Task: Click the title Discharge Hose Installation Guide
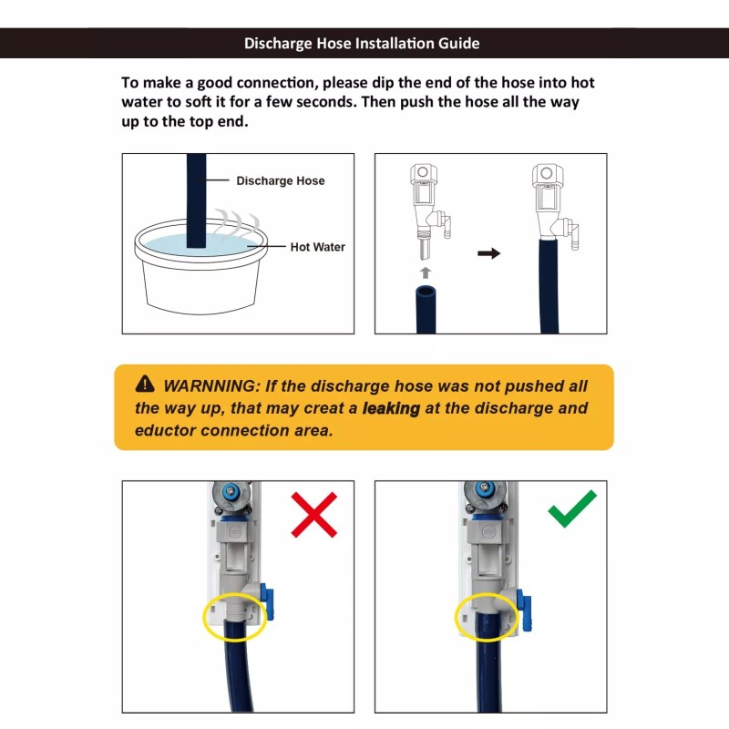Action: point(362,43)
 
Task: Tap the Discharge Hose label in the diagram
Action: point(281,180)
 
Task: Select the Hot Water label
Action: point(317,247)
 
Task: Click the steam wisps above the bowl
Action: point(237,224)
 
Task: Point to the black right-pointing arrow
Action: point(488,253)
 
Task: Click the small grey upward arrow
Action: point(425,272)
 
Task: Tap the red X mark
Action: point(313,515)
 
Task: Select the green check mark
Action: point(571,508)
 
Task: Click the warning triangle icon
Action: point(145,384)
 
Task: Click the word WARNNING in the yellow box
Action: point(210,385)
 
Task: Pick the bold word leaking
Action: point(391,408)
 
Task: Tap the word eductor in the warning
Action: point(165,430)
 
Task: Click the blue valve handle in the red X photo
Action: point(266,602)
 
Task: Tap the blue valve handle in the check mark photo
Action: point(524,610)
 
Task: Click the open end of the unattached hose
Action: point(426,293)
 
